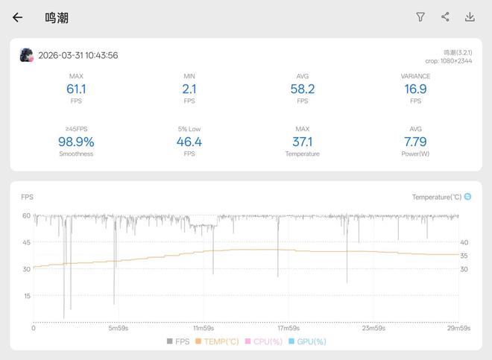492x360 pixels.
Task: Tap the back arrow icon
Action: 17,17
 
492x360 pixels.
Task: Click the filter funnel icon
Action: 420,17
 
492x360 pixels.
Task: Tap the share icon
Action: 445,17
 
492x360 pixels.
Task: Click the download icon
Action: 470,17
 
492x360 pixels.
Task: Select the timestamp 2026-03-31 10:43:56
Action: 78,55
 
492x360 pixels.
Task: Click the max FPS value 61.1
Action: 76,89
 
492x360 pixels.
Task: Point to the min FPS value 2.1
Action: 189,89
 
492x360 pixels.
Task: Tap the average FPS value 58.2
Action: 302,89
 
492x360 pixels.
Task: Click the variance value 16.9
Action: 415,89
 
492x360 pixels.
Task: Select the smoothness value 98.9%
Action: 76,142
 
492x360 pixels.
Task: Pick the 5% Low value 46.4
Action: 189,142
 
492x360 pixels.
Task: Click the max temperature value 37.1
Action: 302,142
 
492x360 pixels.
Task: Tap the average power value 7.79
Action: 415,142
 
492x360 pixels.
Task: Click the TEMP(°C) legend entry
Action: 218,341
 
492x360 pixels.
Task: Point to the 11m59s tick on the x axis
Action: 204,328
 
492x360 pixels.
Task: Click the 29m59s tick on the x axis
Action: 458,328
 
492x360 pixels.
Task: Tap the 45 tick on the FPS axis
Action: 26,242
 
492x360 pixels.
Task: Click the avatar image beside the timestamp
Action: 26,55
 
